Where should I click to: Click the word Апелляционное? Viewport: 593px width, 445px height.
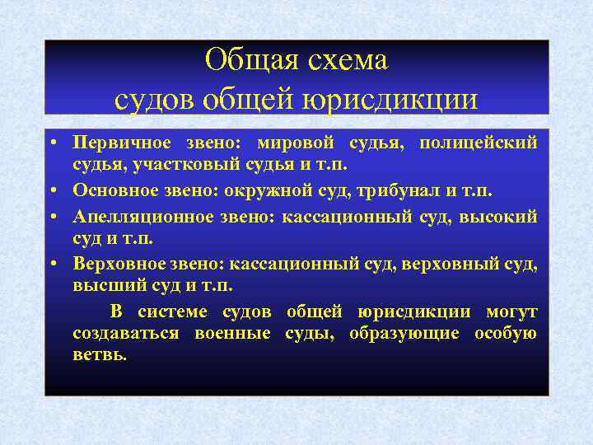pyautogui.click(x=134, y=216)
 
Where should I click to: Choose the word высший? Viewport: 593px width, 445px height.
pyautogui.click(x=102, y=287)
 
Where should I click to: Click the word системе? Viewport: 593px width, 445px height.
pyautogui.click(x=175, y=311)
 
